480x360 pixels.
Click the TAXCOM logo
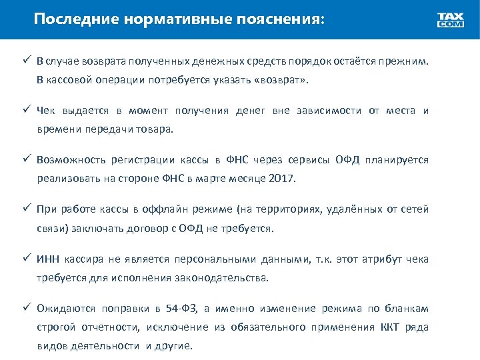tap(451, 20)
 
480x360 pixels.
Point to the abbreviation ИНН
tap(49, 259)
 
